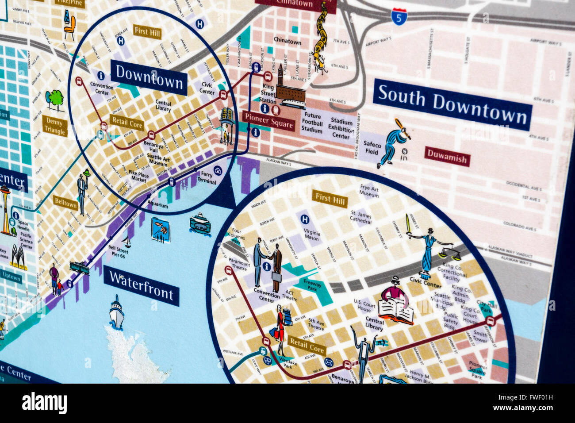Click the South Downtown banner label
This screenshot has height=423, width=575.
[452, 104]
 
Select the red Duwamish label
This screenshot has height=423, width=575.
[447, 157]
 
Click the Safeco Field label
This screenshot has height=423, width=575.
[372, 148]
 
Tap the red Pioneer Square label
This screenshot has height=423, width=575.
[268, 121]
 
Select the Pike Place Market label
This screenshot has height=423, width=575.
[138, 176]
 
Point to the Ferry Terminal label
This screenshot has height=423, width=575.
[207, 178]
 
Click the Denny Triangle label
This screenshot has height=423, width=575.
[55, 126]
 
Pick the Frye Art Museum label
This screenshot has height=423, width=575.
[369, 191]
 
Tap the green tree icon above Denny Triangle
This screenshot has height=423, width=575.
[55, 100]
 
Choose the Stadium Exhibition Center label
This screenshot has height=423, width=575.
[341, 129]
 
